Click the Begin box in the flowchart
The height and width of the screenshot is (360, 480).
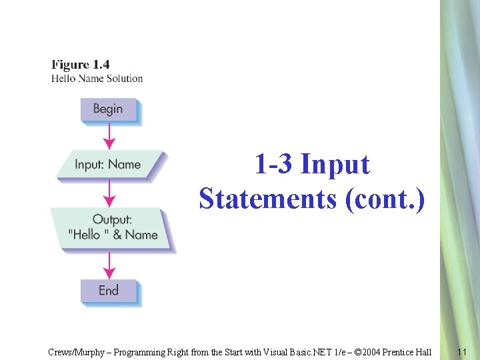coord(108,109)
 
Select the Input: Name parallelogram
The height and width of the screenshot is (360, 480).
coord(108,165)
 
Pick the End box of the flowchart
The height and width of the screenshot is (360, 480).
coord(108,291)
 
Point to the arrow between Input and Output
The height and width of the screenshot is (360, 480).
coord(109,194)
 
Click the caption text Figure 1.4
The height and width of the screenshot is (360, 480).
coord(81,65)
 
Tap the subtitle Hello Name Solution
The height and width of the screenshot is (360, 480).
coord(97,78)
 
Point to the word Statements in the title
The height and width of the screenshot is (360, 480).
coord(267,198)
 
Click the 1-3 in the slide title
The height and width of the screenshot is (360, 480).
coord(274,164)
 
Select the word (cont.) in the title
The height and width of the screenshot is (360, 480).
coord(384,198)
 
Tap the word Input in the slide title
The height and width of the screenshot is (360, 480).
coord(335,164)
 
